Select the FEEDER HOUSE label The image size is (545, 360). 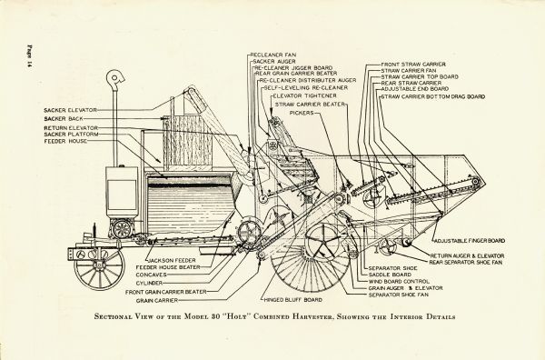pyautogui.click(x=66, y=144)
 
